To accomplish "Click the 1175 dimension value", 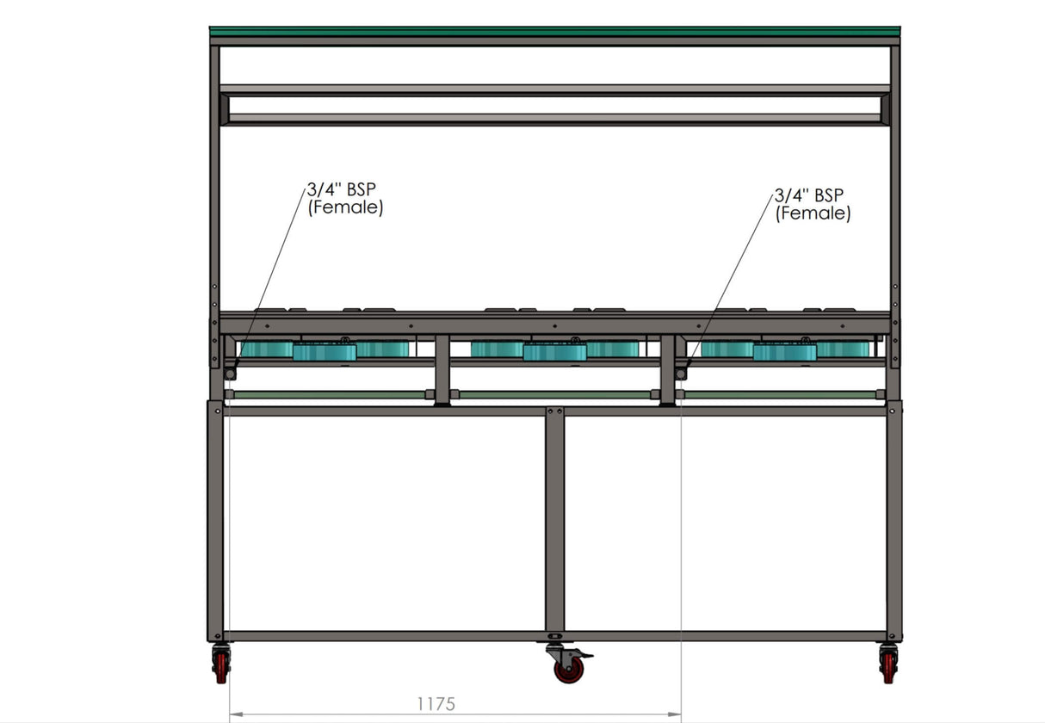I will pyautogui.click(x=436, y=703).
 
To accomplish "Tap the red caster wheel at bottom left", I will pyautogui.click(x=221, y=665).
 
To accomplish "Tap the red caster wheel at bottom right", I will pyautogui.click(x=888, y=665).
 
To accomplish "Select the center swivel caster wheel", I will pyautogui.click(x=568, y=669).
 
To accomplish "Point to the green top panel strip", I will pyautogui.click(x=554, y=31).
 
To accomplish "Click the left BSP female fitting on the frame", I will pyautogui.click(x=230, y=374).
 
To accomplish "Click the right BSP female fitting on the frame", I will pyautogui.click(x=681, y=374).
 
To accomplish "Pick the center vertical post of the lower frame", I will pyautogui.click(x=554, y=521).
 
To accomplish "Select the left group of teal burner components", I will pyautogui.click(x=324, y=350).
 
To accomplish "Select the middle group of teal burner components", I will pyautogui.click(x=554, y=350).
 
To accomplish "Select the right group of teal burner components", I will pyautogui.click(x=784, y=350).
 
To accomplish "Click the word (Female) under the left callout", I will pyautogui.click(x=344, y=207).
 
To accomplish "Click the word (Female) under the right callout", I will pyautogui.click(x=813, y=213).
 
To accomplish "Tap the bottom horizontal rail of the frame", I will pyautogui.click(x=554, y=636).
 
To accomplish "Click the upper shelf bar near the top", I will pyautogui.click(x=554, y=90).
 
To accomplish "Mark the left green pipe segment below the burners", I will pyautogui.click(x=328, y=395).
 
